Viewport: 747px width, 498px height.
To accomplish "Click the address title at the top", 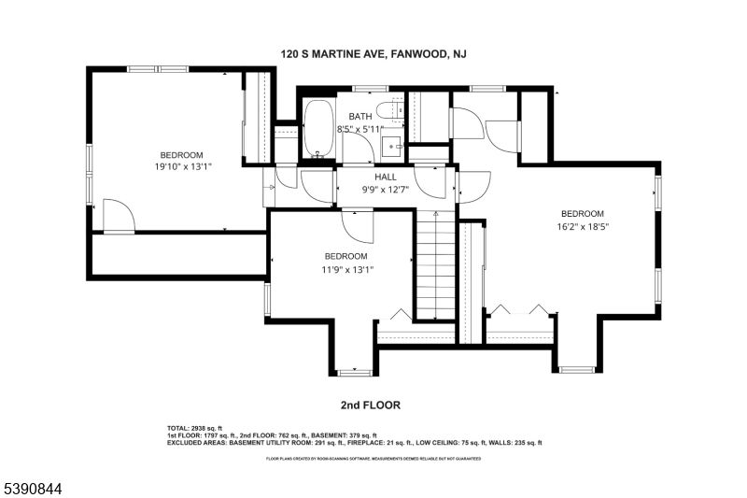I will click(x=373, y=55).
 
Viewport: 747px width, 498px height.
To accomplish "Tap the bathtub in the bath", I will click(x=317, y=129).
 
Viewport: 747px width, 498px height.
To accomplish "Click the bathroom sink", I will click(x=395, y=146).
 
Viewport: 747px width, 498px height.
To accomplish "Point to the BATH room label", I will click(x=359, y=117).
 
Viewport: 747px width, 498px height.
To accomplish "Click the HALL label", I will click(x=386, y=176).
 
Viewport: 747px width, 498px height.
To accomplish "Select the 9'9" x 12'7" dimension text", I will click(x=386, y=188).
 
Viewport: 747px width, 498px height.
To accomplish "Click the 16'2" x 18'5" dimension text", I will click(x=583, y=225).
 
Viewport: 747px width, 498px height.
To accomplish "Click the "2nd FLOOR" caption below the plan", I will click(x=371, y=406).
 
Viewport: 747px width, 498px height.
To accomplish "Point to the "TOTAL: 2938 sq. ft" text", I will click(x=194, y=428).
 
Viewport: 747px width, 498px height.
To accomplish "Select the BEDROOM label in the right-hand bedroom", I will click(x=583, y=212).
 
